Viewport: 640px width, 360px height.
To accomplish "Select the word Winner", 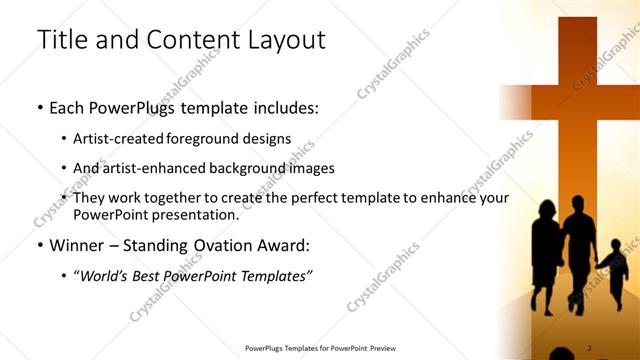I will click(x=77, y=245).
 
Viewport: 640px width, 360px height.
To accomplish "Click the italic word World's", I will click(x=107, y=275).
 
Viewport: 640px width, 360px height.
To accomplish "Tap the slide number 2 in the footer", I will click(x=590, y=347).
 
